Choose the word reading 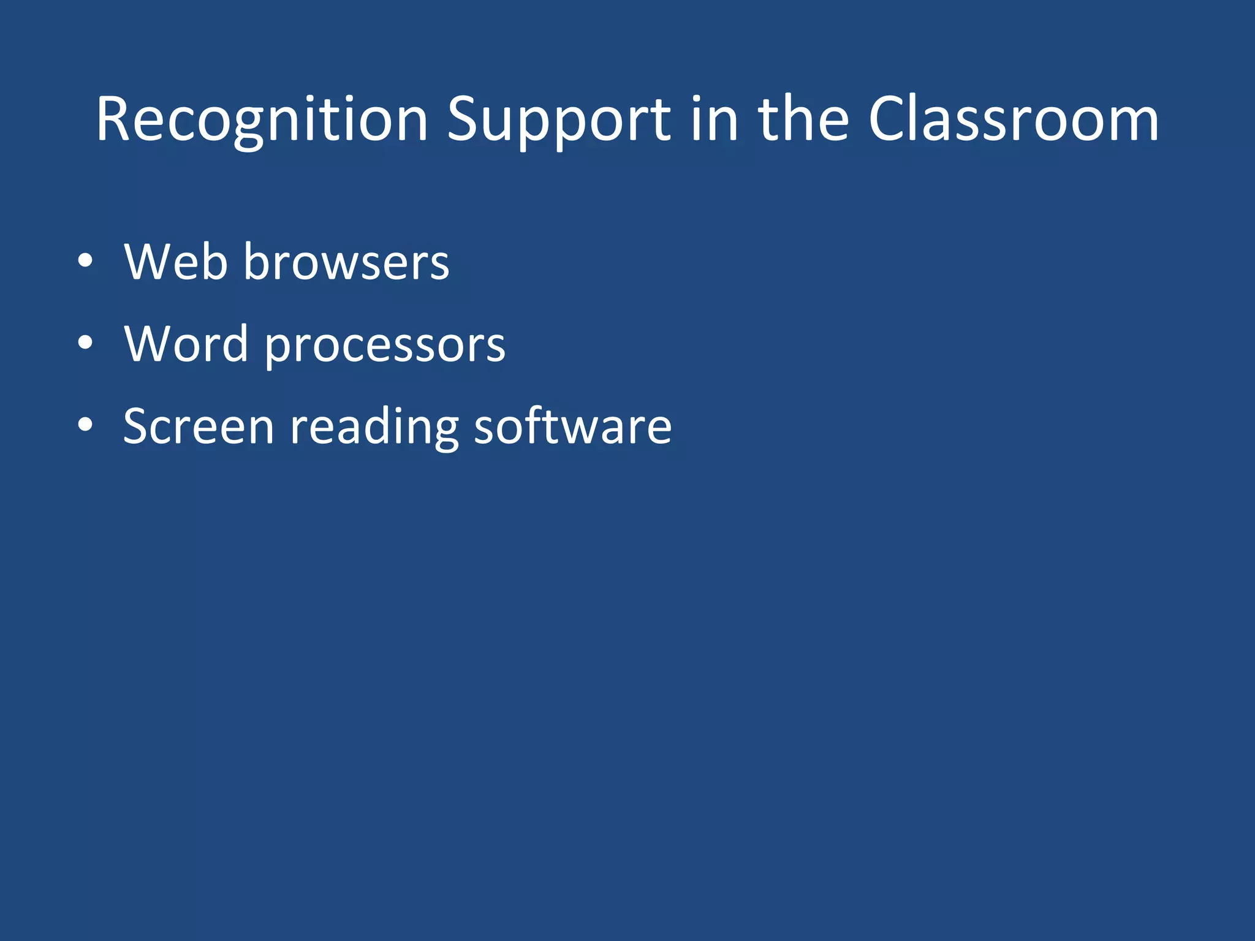tap(374, 428)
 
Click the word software tap(573, 426)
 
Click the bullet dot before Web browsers tap(85, 261)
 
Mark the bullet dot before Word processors tap(85, 343)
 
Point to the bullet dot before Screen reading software tap(85, 425)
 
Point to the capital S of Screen tap(137, 426)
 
